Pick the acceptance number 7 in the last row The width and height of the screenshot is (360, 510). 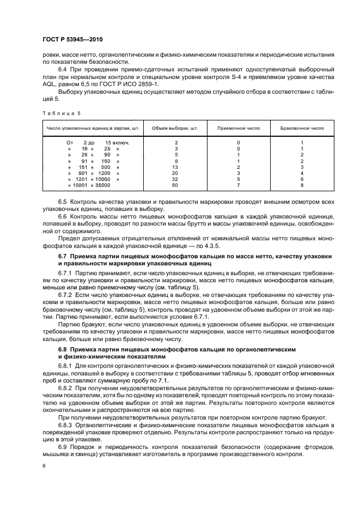click(x=238, y=185)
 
